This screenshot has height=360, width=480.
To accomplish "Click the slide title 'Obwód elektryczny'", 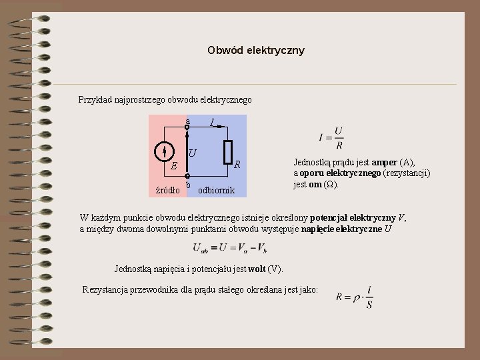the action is pyautogui.click(x=255, y=50).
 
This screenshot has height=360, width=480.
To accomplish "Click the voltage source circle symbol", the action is pyautogui.click(x=164, y=152).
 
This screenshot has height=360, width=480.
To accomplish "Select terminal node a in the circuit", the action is pyautogui.click(x=187, y=126).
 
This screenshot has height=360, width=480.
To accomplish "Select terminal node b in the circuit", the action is pyautogui.click(x=187, y=176).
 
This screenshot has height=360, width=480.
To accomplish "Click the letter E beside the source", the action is pyautogui.click(x=173, y=166).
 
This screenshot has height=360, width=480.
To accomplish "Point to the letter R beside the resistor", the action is pyautogui.click(x=237, y=164).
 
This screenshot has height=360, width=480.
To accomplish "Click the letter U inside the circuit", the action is pyautogui.click(x=193, y=153).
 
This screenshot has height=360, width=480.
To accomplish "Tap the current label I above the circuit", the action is pyautogui.click(x=212, y=122).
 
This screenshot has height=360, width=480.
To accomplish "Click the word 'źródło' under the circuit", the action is pyautogui.click(x=167, y=190).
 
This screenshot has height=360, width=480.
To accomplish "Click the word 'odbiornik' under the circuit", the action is pyautogui.click(x=217, y=190).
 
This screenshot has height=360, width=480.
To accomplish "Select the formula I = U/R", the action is pyautogui.click(x=331, y=138).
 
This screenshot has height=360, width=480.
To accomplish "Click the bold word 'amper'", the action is pyautogui.click(x=385, y=162).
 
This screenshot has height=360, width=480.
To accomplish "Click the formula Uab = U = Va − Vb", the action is pyautogui.click(x=230, y=248).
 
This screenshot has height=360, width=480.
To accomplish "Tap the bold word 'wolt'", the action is pyautogui.click(x=257, y=269).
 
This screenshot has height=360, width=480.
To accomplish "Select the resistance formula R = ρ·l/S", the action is pyautogui.click(x=355, y=297).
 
